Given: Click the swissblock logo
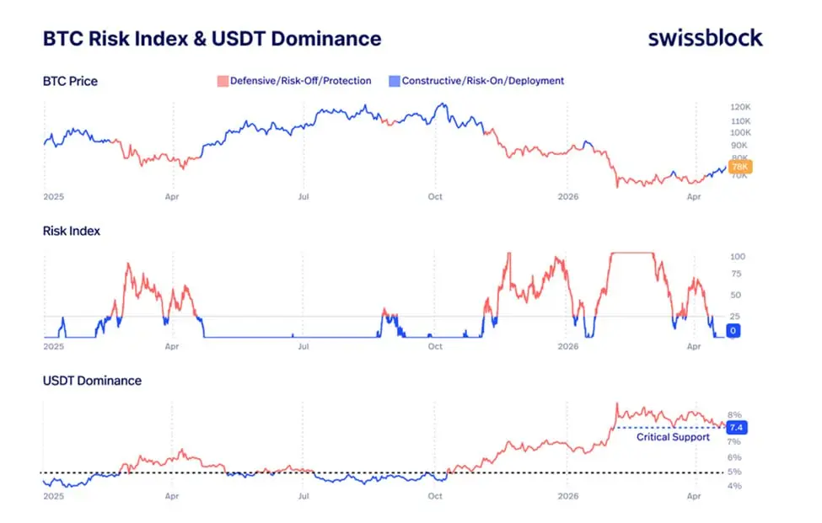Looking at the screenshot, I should click(x=705, y=38).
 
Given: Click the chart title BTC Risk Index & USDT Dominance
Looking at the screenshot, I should click(x=212, y=39).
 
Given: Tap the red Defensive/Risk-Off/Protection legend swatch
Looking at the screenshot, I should click(x=223, y=82).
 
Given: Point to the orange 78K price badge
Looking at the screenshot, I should click(x=739, y=168).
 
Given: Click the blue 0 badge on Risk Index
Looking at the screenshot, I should click(x=733, y=331).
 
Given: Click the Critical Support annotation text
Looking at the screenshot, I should click(x=673, y=437).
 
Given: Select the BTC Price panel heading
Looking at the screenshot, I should click(x=70, y=82).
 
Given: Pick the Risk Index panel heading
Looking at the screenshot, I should click(x=71, y=231).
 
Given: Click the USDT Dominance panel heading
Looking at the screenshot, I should click(x=92, y=381).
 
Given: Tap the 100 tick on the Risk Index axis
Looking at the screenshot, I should click(x=738, y=256).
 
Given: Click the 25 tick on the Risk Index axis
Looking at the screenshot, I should click(x=735, y=316).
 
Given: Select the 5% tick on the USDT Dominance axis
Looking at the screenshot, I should click(x=734, y=472).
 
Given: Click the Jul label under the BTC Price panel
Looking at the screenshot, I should click(x=303, y=197).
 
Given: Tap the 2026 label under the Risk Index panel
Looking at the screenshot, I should click(x=568, y=346).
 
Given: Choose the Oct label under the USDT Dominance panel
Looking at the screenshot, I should click(x=435, y=496).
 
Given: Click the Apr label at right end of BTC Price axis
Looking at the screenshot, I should click(x=694, y=197).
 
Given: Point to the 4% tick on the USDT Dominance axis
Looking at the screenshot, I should click(x=734, y=486).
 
